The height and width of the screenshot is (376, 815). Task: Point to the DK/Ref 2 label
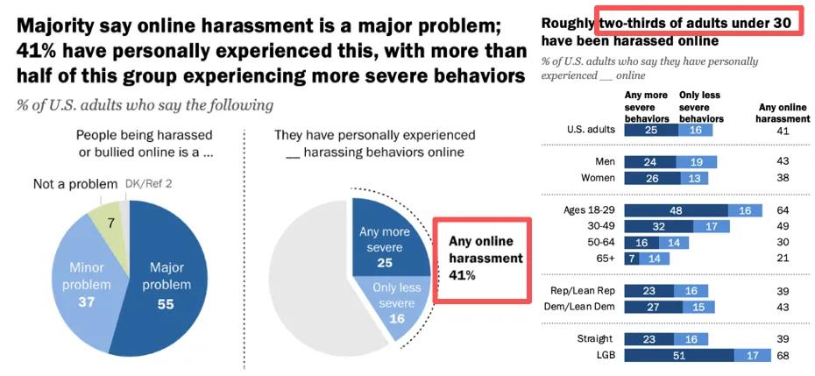pos(148,184)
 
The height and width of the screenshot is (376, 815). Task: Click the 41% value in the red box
pos(462,275)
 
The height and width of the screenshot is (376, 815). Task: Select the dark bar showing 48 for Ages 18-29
pos(676,210)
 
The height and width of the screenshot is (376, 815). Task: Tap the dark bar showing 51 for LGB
pos(679,356)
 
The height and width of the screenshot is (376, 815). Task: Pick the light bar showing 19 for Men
pos(697,162)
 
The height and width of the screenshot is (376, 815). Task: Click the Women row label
pos(598,178)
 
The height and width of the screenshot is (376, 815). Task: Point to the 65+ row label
pos(606,258)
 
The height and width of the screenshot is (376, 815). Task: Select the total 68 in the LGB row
pos(783,356)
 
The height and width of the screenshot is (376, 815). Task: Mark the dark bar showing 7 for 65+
pos(632,259)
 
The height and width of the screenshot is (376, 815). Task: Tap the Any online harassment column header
pos(783,113)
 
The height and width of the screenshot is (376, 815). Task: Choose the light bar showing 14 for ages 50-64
pos(674,243)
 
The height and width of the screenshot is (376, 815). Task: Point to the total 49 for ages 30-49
pos(783,226)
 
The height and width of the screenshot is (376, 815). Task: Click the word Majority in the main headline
pos(50,26)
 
